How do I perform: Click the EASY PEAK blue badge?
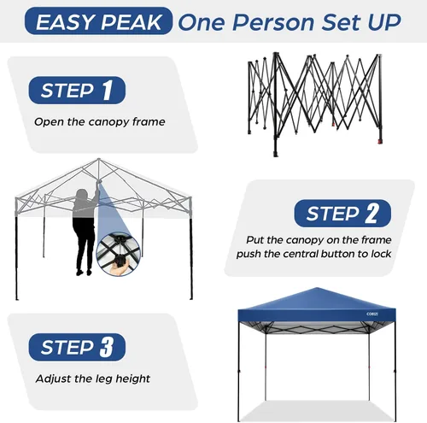[x=98, y=21]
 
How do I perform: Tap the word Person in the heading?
[x=273, y=22]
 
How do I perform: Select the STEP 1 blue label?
[x=77, y=90]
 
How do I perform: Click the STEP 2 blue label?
[x=342, y=214]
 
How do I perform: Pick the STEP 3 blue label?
[x=77, y=347]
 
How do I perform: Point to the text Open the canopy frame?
[x=100, y=122]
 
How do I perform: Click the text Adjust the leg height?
[x=93, y=379]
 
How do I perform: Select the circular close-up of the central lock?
[x=118, y=254]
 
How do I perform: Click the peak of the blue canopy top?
[x=317, y=288]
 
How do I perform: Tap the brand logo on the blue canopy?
[x=372, y=314]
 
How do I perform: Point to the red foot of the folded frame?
[x=380, y=141]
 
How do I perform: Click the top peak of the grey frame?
[x=99, y=159]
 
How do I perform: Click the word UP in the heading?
[x=384, y=22]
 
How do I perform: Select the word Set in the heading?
[x=342, y=22]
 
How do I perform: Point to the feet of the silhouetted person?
[x=84, y=273]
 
